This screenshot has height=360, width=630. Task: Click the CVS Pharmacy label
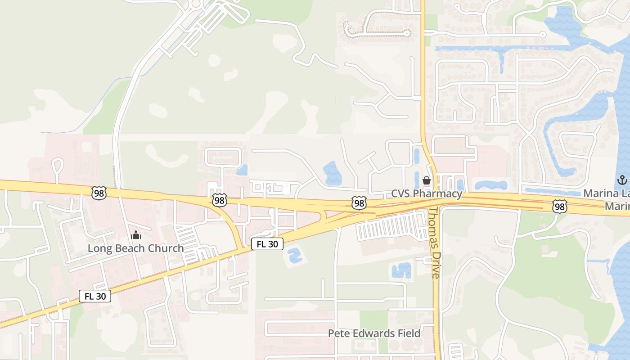[426, 194]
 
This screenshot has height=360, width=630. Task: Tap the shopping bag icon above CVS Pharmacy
[426, 181]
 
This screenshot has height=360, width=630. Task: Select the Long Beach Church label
[135, 248]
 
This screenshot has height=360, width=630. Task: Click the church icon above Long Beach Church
[135, 235]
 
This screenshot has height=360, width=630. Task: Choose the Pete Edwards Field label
[374, 333]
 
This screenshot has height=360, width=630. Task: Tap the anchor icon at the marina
[622, 180]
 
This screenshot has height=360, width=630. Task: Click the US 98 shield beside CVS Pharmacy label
[359, 203]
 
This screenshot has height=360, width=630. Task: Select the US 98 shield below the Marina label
[560, 207]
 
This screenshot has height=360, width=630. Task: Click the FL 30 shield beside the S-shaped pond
[267, 244]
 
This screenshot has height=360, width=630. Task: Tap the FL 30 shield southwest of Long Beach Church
[95, 296]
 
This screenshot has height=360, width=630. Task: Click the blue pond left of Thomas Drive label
[401, 270]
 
